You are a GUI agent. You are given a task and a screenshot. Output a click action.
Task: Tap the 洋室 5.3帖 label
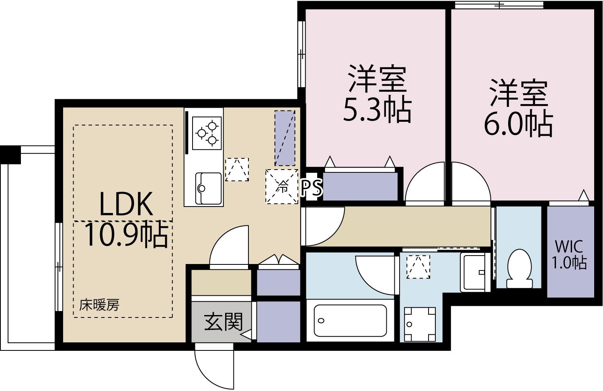[x=377, y=94]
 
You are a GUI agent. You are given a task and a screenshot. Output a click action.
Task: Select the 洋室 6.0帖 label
[x=518, y=108]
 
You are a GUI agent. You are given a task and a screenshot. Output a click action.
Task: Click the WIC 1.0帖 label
[x=568, y=254]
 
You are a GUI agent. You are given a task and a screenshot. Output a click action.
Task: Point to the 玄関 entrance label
[x=224, y=322]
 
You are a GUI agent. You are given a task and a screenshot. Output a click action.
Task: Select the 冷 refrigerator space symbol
[x=282, y=186]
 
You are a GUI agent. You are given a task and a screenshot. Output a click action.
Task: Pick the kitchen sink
[x=208, y=188]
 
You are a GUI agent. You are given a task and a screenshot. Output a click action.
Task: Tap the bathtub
[x=350, y=320]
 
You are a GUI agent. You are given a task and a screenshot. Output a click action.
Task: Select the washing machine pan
[x=420, y=324]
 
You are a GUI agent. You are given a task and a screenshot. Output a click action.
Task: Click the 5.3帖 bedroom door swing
[x=425, y=183]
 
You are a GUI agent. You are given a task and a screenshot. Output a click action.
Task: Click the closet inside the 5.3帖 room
[x=360, y=186]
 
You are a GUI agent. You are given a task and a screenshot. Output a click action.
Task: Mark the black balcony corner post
[x=10, y=154]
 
